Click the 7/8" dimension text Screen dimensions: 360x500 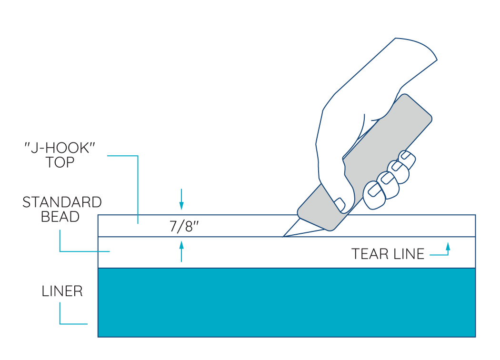184,226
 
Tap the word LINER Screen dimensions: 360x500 62,291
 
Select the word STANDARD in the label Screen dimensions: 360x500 62,202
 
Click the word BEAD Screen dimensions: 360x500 60,217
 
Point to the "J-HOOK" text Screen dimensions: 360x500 60,148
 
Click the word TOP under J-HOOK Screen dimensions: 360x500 60,162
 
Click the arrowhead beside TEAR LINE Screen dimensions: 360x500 447,246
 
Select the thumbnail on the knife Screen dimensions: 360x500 340,204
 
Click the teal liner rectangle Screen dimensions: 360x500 286,302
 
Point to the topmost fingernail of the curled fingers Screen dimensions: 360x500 406,155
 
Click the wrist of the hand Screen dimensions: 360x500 410,52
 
